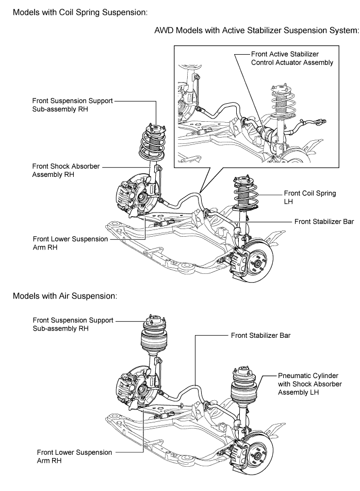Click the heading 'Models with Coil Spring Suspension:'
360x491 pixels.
pos(80,12)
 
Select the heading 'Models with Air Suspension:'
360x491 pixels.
pos(65,296)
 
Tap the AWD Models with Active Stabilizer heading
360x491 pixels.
pos(256,30)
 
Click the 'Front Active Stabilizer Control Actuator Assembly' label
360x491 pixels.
pos(292,58)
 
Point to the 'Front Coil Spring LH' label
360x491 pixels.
pos(310,197)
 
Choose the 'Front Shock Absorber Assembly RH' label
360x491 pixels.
pos(66,170)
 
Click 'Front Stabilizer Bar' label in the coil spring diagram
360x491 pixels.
pos(324,222)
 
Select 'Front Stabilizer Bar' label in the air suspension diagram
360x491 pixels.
pos(261,335)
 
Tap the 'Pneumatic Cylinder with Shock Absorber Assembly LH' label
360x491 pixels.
pos(310,384)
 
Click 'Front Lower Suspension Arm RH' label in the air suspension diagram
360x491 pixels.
pos(74,456)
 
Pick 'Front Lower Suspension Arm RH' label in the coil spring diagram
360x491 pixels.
pos(70,243)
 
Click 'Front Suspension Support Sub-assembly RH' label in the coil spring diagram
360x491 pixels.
pos(72,105)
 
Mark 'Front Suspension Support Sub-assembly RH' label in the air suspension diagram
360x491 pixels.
pos(73,324)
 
